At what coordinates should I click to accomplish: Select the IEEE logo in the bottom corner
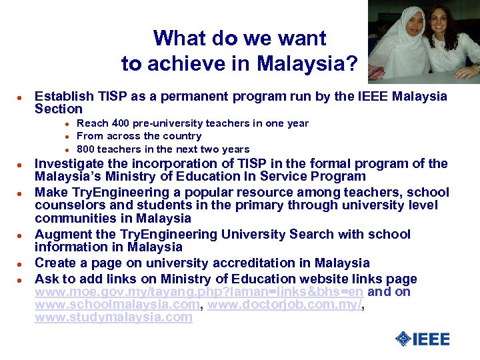422,339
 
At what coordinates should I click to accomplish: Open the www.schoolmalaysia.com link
117,305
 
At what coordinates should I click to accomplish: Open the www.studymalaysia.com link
113,317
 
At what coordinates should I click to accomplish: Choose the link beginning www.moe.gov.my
199,292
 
